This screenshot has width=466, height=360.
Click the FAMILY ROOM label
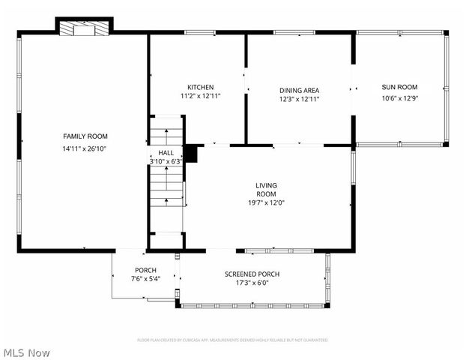(x=85, y=136)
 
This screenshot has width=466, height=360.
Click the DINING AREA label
(x=299, y=90)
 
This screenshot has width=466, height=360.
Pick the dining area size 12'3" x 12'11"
(x=299, y=99)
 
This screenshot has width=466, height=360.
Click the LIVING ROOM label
(x=266, y=189)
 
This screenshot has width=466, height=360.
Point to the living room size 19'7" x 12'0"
(x=266, y=202)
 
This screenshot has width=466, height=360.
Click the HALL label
(x=166, y=152)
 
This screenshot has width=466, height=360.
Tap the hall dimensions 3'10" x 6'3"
(x=166, y=160)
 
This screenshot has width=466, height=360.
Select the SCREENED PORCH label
(x=252, y=274)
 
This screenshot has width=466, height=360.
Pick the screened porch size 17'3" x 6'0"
(x=252, y=283)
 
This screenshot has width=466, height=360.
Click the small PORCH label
(x=145, y=270)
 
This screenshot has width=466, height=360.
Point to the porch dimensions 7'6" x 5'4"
(x=145, y=279)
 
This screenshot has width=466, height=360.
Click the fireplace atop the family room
(x=84, y=28)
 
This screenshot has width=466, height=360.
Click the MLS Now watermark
(x=27, y=352)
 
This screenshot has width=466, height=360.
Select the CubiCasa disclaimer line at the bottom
(x=232, y=340)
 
